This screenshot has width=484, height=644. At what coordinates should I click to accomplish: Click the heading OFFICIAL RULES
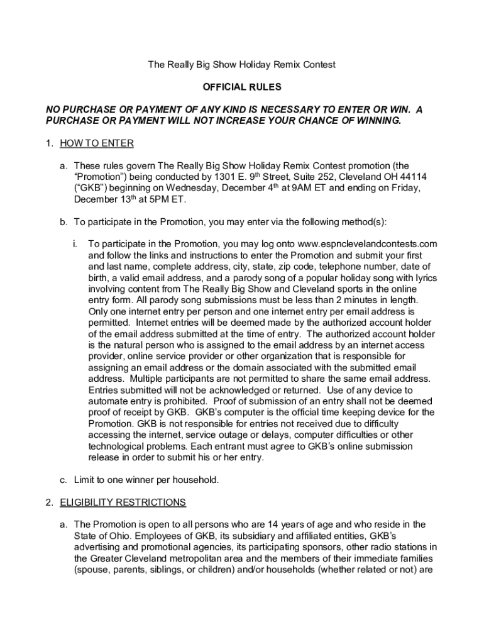241,87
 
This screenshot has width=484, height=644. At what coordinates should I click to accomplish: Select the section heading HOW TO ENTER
96,143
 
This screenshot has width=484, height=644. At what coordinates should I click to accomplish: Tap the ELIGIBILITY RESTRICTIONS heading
123,502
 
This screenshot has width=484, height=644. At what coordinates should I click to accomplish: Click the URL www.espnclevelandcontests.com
367,244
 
